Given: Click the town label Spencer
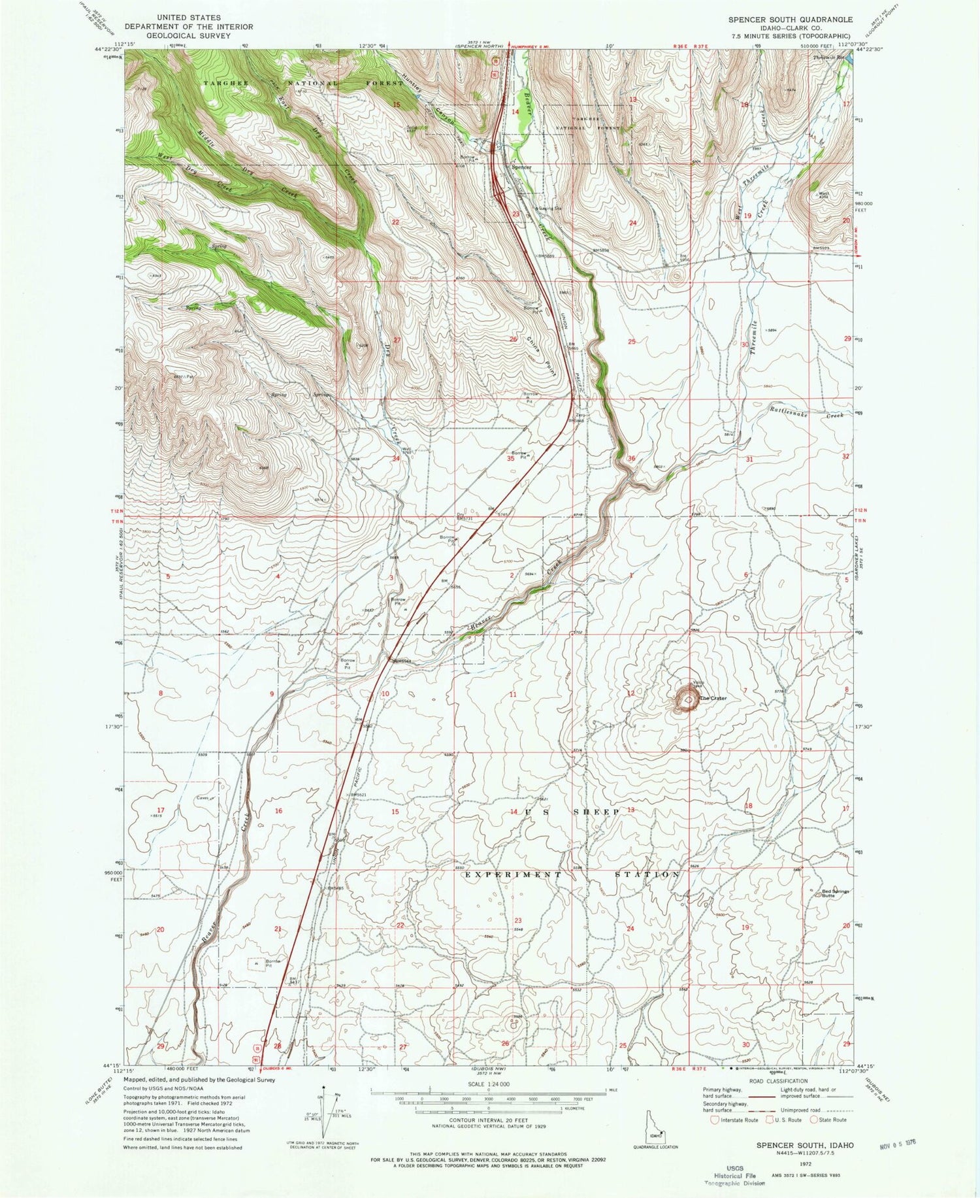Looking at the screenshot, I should [521, 167].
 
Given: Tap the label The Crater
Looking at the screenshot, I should [713, 698].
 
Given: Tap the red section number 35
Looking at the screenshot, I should [510, 459].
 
